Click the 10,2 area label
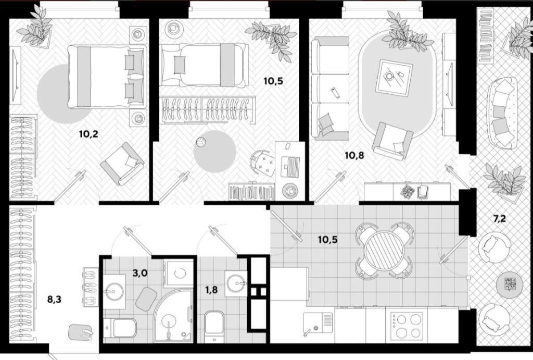point(88,134)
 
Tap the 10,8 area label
point(354,155)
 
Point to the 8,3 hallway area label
point(54,300)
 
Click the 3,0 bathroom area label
point(140,272)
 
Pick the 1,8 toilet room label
point(211,291)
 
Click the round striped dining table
point(384,250)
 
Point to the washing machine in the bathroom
point(178,272)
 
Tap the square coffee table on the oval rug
point(394,78)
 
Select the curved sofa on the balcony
point(501,113)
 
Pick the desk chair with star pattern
point(263,163)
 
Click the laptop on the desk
point(290,167)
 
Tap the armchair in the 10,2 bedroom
point(122,163)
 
